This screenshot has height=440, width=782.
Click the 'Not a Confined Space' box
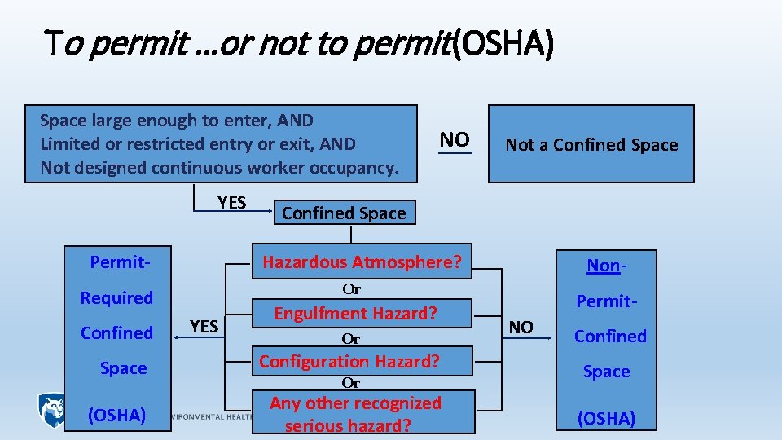[x=591, y=144]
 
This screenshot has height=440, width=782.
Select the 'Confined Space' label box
[x=344, y=213]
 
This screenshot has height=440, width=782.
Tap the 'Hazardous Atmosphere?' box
[x=362, y=262]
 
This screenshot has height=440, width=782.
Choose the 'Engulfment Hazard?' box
[x=355, y=313]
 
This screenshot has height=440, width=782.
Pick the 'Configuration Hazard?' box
[x=349, y=360]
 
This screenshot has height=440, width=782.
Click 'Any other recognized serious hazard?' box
[x=355, y=413]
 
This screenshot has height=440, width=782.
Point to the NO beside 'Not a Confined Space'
[x=455, y=139]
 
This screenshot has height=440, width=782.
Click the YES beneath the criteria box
[x=231, y=202]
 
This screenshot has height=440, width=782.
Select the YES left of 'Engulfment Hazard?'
[x=204, y=326]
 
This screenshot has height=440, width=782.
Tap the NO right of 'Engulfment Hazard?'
[x=521, y=327]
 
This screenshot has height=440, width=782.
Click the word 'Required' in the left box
[x=116, y=297]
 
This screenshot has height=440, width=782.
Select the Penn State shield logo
[x=51, y=408]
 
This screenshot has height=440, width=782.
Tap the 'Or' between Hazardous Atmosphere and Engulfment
[x=351, y=288]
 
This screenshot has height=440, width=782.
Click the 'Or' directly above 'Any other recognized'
[x=351, y=382]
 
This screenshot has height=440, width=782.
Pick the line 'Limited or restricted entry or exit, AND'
[x=198, y=144]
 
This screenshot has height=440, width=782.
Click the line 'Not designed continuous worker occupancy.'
[x=220, y=168]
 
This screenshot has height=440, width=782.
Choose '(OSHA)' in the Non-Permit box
[x=606, y=418]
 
